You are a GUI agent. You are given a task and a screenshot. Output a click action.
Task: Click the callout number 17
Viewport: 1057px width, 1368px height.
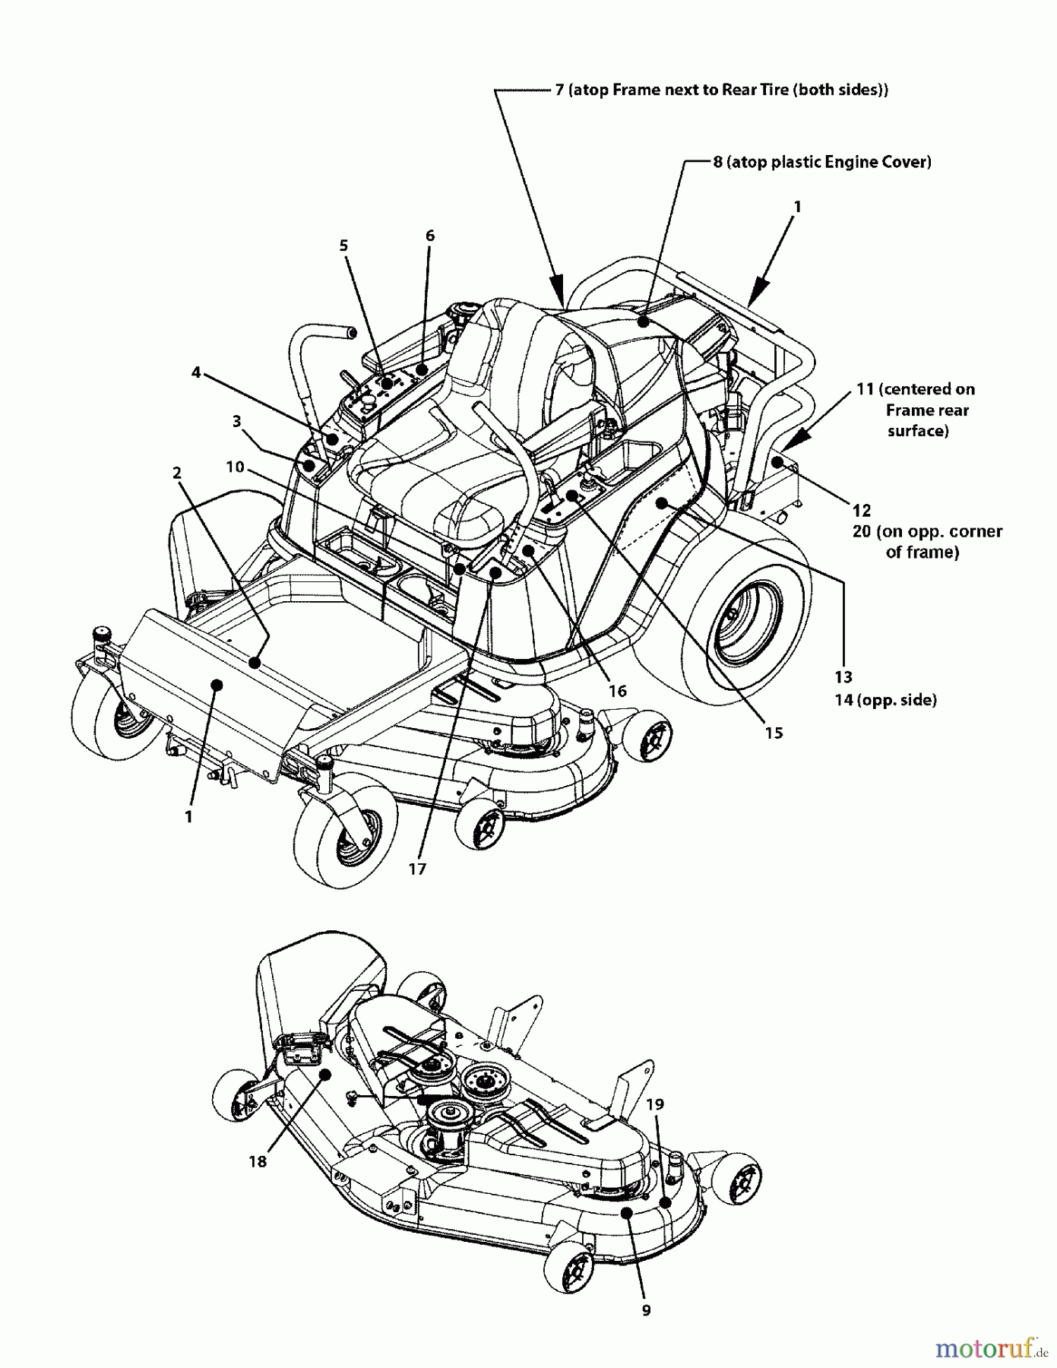point(417,869)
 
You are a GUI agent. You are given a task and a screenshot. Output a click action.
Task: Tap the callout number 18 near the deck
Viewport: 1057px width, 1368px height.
point(258,1161)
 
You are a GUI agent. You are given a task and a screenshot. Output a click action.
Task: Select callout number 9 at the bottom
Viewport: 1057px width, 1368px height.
point(646,1310)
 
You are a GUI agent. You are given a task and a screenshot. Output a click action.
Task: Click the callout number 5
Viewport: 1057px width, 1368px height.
point(343,245)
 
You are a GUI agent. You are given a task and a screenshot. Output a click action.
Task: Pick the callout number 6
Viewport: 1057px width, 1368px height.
point(430,236)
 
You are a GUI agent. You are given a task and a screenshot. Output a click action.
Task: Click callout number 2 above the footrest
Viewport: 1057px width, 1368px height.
point(177,473)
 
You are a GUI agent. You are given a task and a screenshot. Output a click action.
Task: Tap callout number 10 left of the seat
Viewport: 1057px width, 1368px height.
point(236,466)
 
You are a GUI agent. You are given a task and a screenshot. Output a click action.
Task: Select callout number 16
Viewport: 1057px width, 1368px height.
point(618,690)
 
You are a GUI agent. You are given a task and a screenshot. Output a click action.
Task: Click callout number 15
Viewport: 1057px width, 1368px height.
point(774,733)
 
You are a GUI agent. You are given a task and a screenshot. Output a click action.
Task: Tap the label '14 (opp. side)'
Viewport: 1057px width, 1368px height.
point(885,700)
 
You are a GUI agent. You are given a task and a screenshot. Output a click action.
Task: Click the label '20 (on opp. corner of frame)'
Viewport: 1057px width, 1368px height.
point(926,541)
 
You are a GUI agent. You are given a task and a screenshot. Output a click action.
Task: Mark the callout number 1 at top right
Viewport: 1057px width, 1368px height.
point(796,207)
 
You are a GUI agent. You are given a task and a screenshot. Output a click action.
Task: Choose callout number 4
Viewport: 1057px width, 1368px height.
point(196,372)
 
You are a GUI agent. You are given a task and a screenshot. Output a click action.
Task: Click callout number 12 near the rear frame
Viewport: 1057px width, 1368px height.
point(861,510)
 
